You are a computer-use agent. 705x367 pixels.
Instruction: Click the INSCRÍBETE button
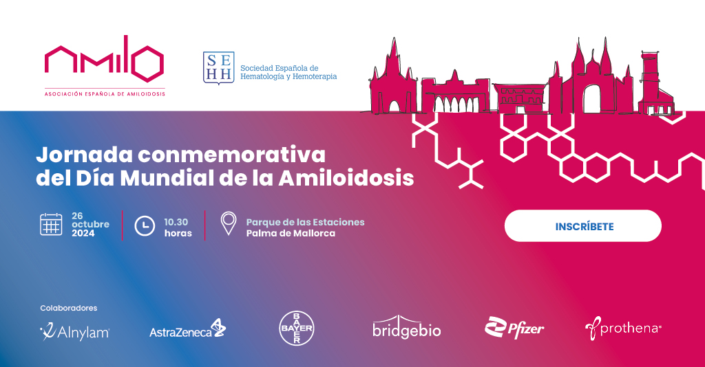tap(582, 226)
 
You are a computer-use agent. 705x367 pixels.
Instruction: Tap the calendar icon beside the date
tap(51, 225)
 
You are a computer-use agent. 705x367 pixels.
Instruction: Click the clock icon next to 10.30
tap(144, 225)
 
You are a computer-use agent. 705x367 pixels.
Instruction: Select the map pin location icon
tap(228, 224)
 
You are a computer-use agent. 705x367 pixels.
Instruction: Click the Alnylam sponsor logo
tap(74, 332)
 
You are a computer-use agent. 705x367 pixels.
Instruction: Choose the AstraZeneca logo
tap(187, 330)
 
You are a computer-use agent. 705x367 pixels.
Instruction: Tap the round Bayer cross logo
tap(296, 329)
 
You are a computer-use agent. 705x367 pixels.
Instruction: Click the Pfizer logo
tap(514, 329)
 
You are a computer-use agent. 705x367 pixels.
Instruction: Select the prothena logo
tap(623, 329)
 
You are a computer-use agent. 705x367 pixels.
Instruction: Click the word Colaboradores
tap(69, 308)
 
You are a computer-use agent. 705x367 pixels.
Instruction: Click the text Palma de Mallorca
tap(291, 234)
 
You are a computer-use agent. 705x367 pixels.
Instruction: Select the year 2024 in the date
tap(83, 234)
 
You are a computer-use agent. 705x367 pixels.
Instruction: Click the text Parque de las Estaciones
tap(305, 222)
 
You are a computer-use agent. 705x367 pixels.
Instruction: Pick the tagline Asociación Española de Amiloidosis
tap(105, 93)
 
